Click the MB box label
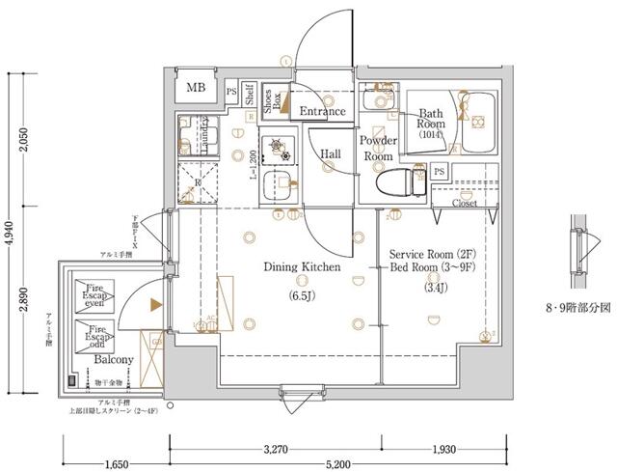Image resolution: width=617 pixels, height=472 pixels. click(196, 89)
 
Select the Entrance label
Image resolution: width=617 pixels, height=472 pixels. click(322, 112)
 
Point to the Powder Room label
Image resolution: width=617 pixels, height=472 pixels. click(378, 148)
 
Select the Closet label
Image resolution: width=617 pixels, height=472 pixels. click(467, 205)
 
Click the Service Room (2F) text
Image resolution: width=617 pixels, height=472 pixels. click(430, 254)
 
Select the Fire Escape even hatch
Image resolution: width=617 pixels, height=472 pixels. click(93, 293)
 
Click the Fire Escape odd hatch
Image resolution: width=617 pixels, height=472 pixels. click(93, 339)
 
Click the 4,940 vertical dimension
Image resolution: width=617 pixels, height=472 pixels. click(10, 232)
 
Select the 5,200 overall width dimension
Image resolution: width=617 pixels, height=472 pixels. click(337, 463)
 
